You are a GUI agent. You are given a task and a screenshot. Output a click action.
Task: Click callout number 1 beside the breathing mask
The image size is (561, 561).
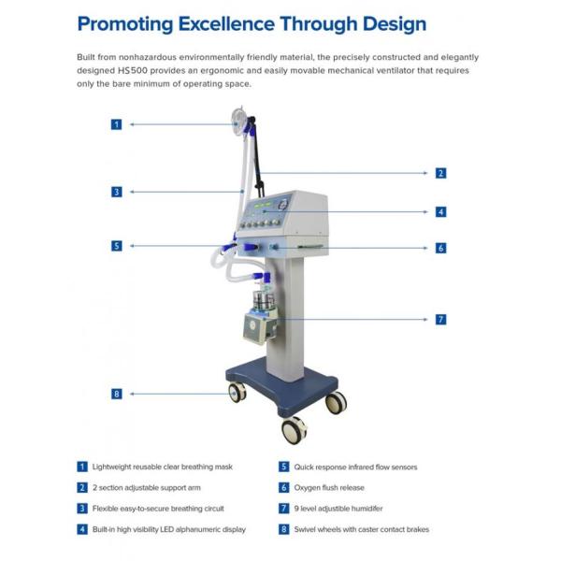[x=117, y=124]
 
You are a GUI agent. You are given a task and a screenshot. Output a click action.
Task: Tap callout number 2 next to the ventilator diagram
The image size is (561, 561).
[x=440, y=173]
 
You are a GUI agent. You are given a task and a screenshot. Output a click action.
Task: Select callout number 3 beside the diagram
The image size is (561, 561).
[x=117, y=192]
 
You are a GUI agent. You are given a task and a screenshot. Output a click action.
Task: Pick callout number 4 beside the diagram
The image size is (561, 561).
[x=440, y=211]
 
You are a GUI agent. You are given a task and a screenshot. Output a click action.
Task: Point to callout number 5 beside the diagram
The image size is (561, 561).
[x=117, y=246]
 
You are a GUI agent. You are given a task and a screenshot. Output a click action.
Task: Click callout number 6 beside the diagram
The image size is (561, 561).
[x=440, y=248]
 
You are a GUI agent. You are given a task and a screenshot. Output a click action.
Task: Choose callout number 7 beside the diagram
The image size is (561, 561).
[x=440, y=320]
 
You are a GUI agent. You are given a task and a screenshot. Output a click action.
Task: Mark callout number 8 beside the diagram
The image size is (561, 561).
[x=117, y=394]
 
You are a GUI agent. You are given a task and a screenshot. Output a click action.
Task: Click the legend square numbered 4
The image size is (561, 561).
[x=82, y=529]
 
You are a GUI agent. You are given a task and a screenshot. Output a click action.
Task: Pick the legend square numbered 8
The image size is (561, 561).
[x=283, y=529]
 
